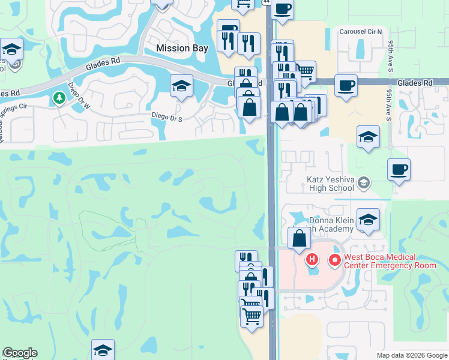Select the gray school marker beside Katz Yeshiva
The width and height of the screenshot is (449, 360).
[363, 182]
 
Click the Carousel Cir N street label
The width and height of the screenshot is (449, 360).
[361, 32]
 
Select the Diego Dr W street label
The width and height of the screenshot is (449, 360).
[78, 97]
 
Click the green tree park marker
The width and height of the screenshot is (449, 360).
[59, 97]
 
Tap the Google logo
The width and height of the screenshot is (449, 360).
[20, 353]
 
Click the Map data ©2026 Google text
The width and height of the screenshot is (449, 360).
[411, 355]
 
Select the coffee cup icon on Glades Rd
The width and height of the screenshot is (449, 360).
[345, 85]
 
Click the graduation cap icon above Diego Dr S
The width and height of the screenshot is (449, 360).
[181, 85]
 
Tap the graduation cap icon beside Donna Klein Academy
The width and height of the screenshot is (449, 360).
[368, 219]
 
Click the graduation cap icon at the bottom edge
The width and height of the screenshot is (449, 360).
[103, 350]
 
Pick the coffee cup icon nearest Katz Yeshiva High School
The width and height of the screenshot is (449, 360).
[399, 169]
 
